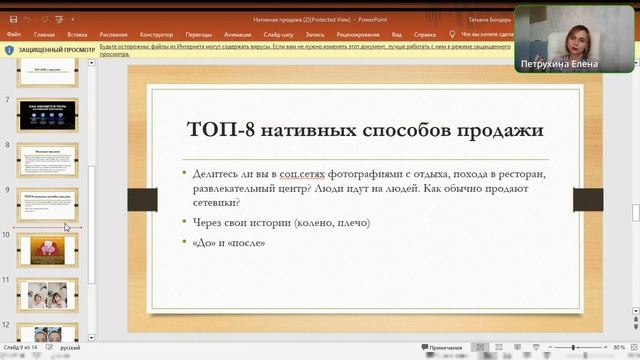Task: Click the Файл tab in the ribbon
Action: pyautogui.click(x=13, y=33)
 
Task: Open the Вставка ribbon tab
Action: pyautogui.click(x=77, y=33)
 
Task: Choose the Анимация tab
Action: pyautogui.click(x=245, y=33)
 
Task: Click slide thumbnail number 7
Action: pyautogui.click(x=47, y=115)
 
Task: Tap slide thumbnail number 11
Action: pyautogui.click(x=47, y=295)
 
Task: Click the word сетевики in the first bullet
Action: pyautogui.click(x=216, y=202)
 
